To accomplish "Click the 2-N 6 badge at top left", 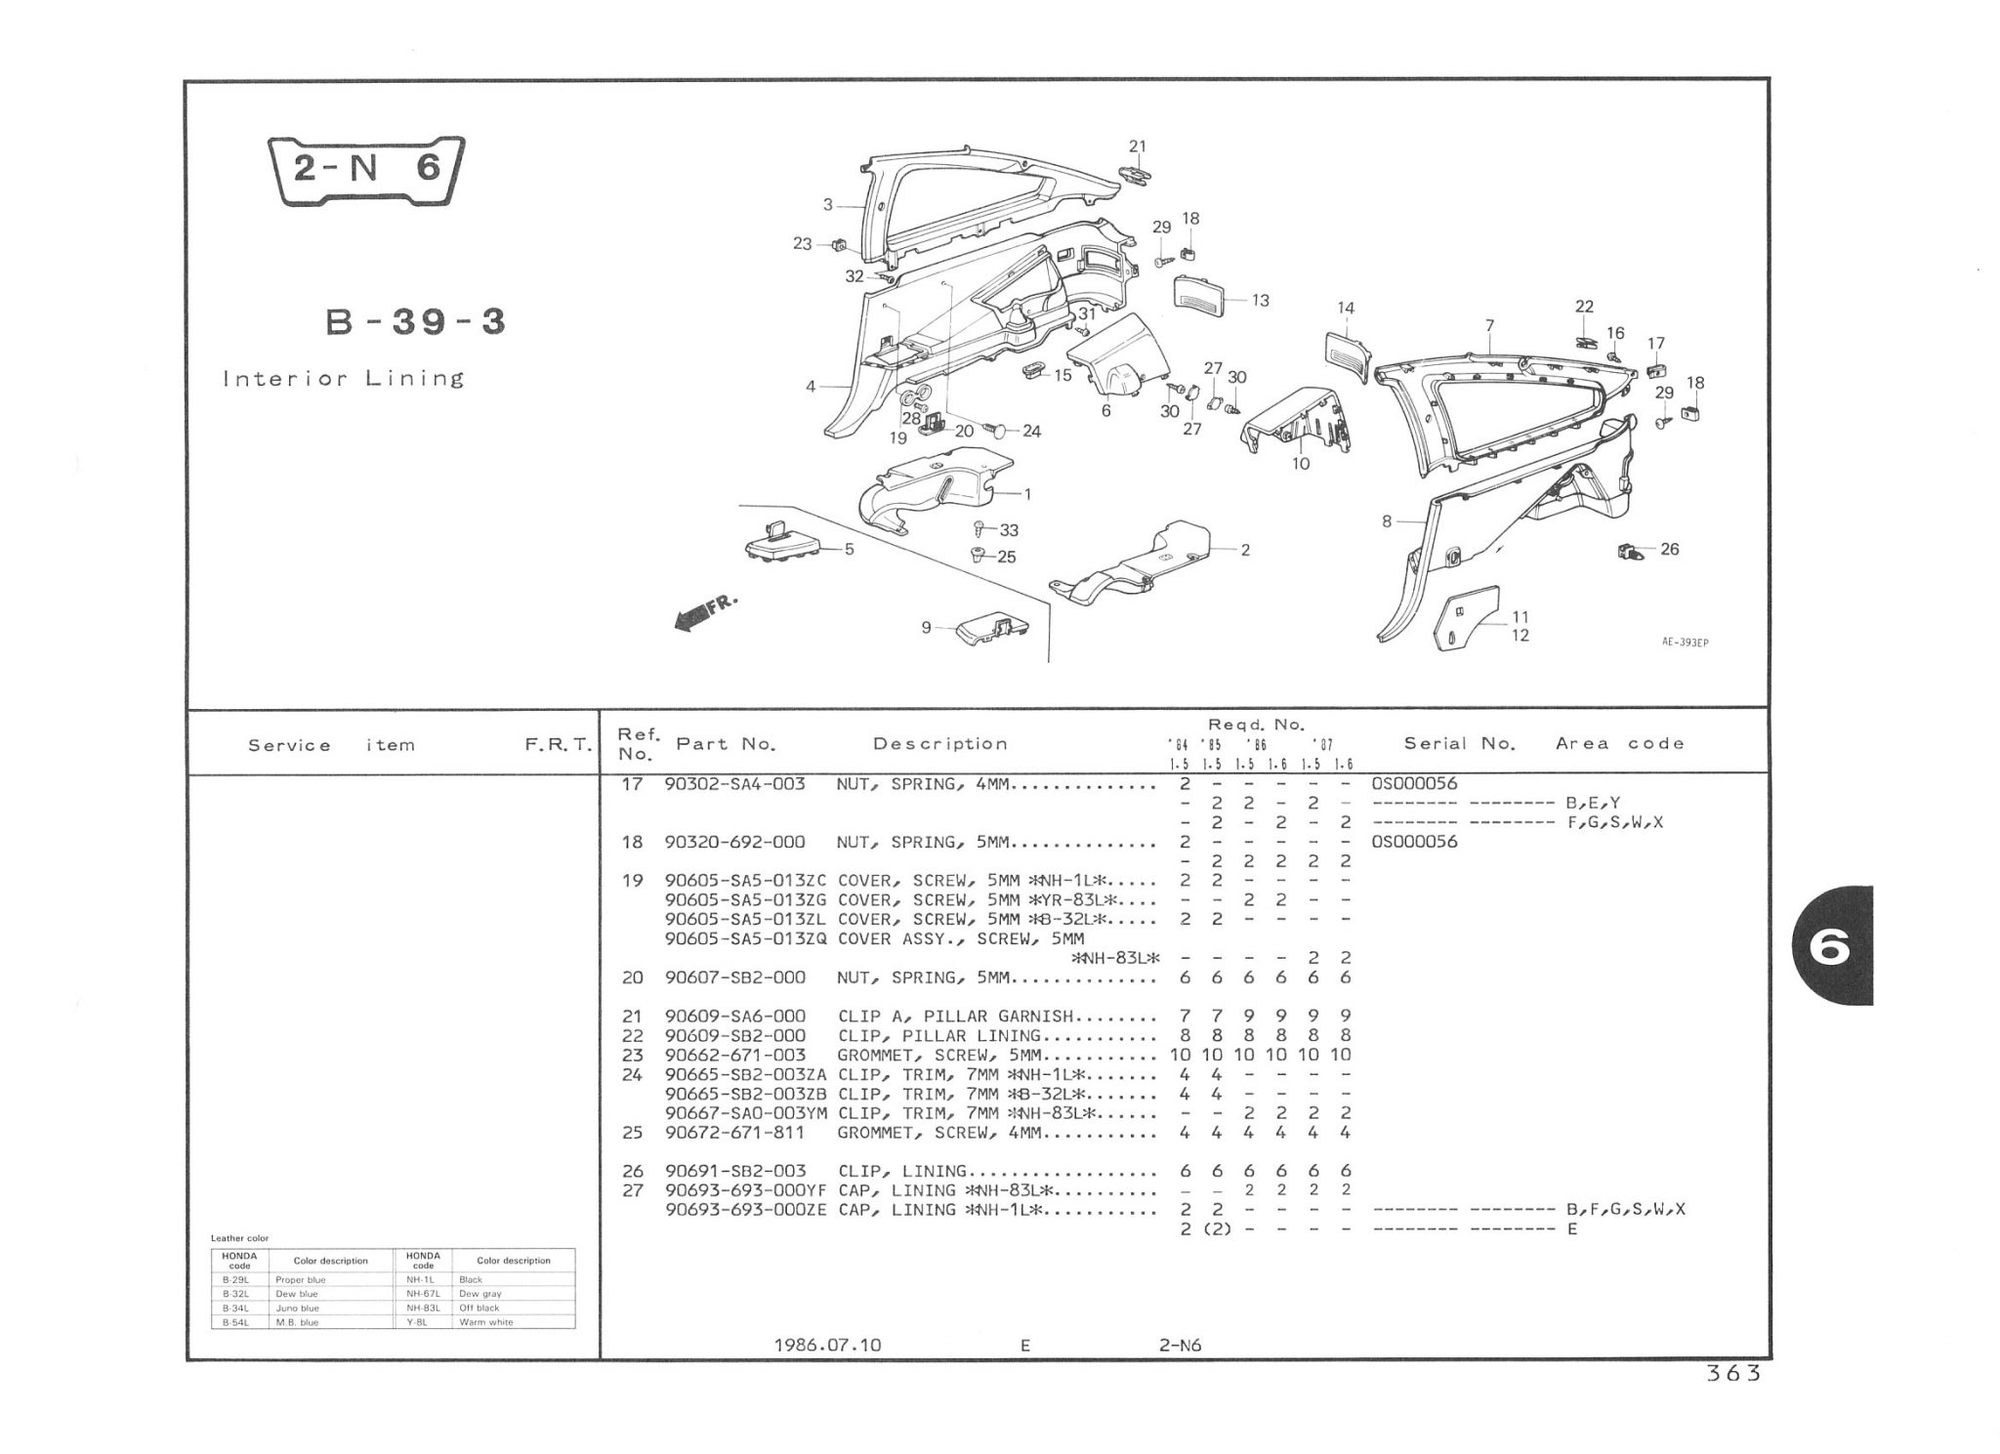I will pos(367,171).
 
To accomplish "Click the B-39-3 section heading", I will pos(415,321).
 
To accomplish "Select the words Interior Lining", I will pos(344,379).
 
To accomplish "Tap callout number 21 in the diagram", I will pos(1137,146).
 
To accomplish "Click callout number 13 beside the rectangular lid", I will pos(1260,301).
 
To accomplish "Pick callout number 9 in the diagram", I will pos(926,628).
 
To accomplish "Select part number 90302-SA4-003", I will pos(734,784).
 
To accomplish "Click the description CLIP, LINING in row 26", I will pos(902,1171).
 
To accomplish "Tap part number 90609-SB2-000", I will pos(734,1035).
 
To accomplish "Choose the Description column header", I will pos(939,744).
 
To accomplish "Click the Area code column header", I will pos(1619,744).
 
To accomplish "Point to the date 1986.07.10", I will pos(827,1345).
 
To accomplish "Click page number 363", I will pos(1732,1373).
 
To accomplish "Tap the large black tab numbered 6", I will pos(1832,945).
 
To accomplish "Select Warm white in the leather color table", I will pos(486,1322).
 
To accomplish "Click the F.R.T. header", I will pos(558,745).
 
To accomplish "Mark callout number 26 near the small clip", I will pos(1669,550).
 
